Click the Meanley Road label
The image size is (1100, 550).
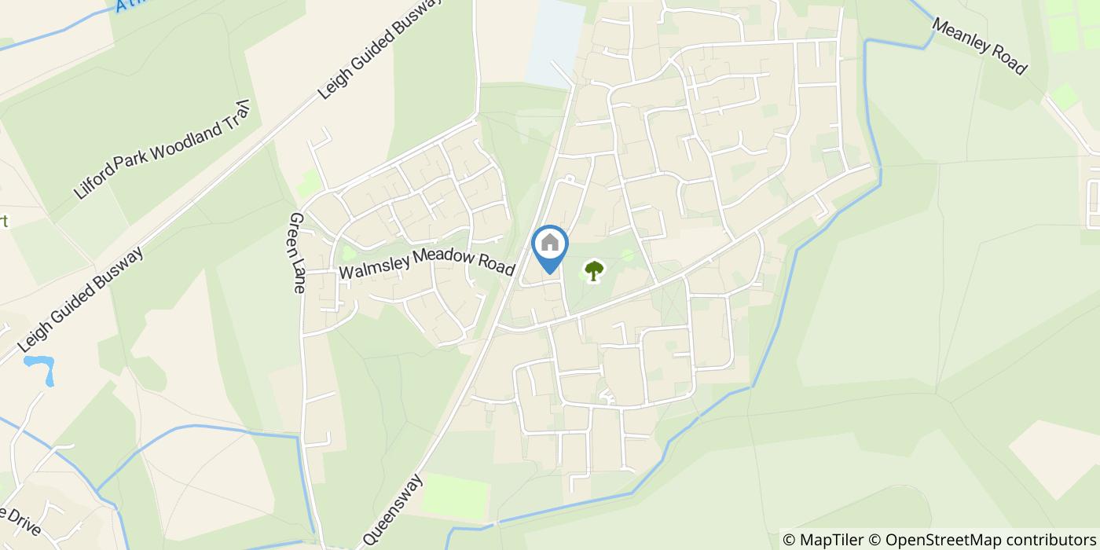pos(979,46)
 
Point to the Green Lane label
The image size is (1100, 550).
pos(297,252)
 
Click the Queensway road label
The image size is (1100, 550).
pos(393,511)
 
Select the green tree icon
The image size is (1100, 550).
pos(594,272)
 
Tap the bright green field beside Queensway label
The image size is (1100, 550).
pos(456,496)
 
